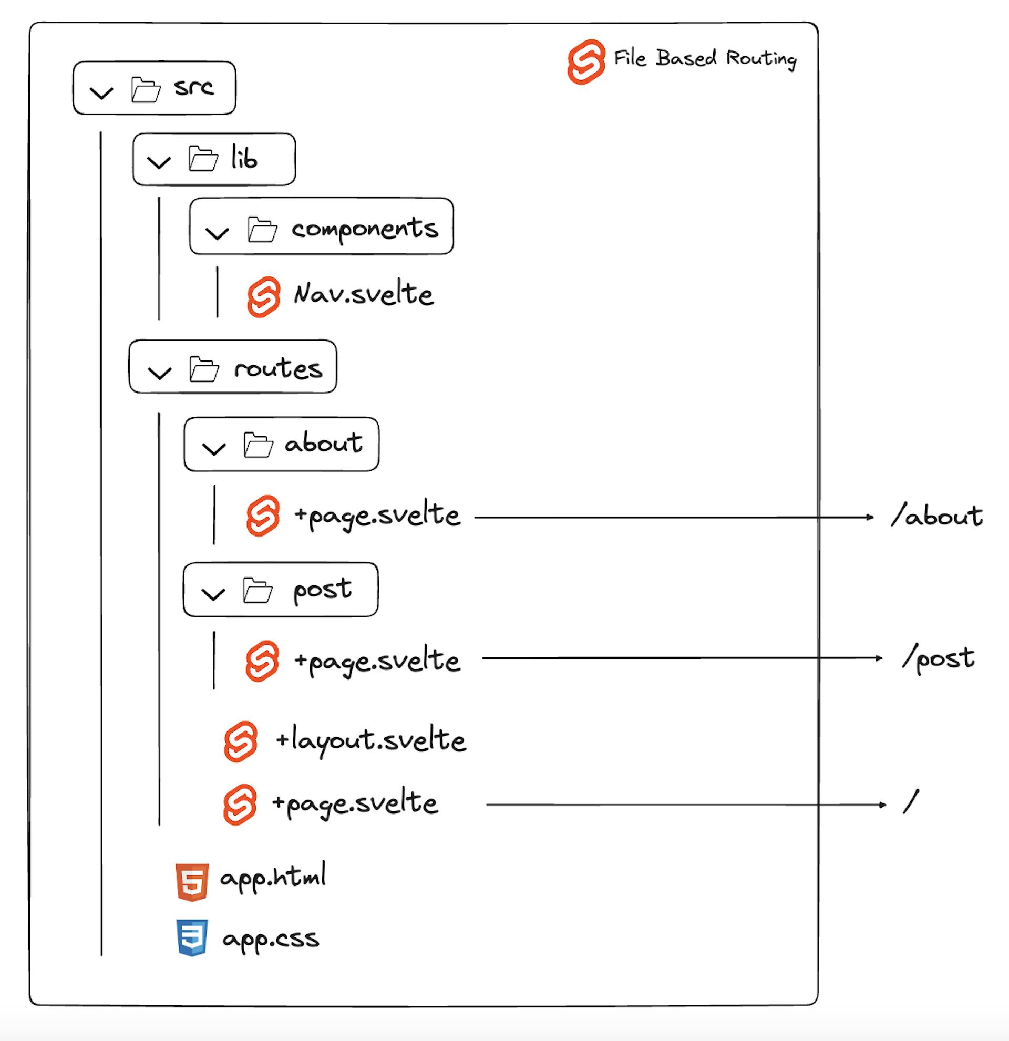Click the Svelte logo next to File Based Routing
tap(586, 61)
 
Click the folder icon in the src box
tap(146, 90)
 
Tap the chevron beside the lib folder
tap(159, 162)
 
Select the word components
tap(365, 229)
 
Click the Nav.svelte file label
tap(364, 295)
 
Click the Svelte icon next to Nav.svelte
tap(263, 297)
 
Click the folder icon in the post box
tap(258, 590)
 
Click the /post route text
tap(939, 659)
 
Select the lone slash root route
tap(911, 802)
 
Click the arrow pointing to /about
tap(674, 517)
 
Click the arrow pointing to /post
tap(683, 658)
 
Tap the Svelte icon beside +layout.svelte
tap(241, 741)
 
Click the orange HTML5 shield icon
tap(192, 882)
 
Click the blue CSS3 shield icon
tap(192, 937)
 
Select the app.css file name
tap(271, 939)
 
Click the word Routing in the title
tap(761, 59)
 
